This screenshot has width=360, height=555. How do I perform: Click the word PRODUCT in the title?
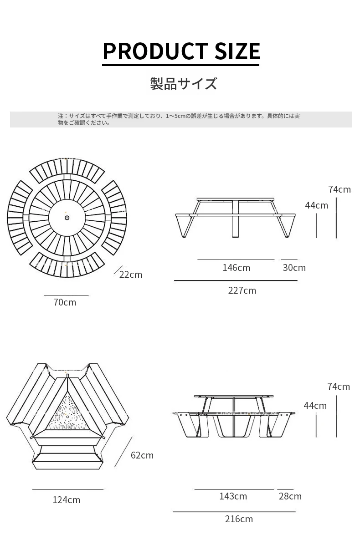(x=155, y=51)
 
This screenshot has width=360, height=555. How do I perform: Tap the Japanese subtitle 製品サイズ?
(x=184, y=83)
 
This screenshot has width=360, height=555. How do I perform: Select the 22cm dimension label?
(x=131, y=275)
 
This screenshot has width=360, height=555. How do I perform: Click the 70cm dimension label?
(x=65, y=302)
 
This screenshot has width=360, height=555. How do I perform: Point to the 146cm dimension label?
(x=237, y=268)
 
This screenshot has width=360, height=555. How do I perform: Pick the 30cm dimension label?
(x=294, y=268)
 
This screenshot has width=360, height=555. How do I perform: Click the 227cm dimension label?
(x=242, y=290)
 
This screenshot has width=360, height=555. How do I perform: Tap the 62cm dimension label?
(x=142, y=455)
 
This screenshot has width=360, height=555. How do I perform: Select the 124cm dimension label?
(x=67, y=500)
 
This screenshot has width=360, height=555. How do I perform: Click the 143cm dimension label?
(x=233, y=496)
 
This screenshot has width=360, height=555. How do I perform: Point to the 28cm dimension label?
(x=290, y=496)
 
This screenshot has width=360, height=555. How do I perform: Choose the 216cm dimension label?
(x=239, y=519)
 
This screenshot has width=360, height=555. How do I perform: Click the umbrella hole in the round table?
(x=67, y=218)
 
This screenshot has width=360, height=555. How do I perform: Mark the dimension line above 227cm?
(x=236, y=280)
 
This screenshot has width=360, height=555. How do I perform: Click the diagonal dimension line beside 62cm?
(x=123, y=452)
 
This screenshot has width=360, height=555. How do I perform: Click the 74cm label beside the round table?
(x=339, y=189)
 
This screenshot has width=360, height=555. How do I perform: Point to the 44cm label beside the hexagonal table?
(x=315, y=406)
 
